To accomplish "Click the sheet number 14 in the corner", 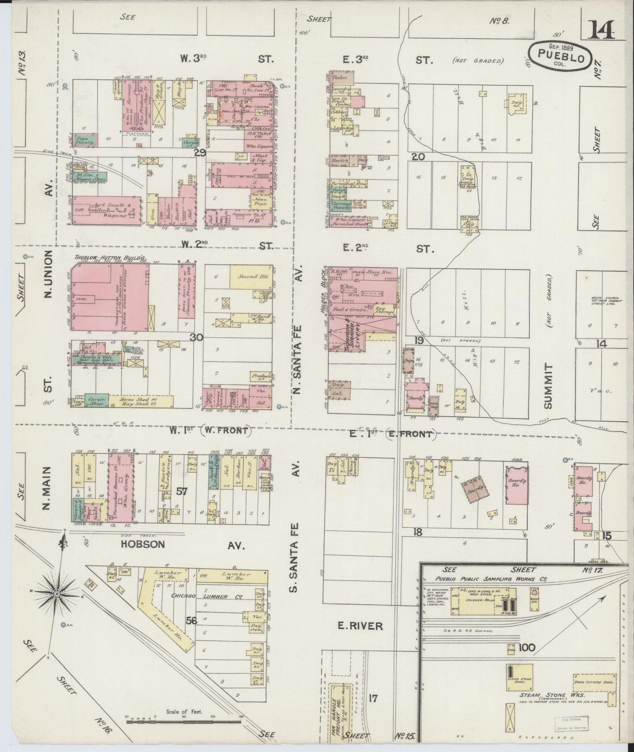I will click(602, 31).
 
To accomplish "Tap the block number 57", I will click(182, 491).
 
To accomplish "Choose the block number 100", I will click(527, 648).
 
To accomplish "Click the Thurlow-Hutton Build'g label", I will click(101, 258).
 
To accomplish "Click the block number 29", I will click(200, 153).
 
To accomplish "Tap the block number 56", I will click(191, 621).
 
